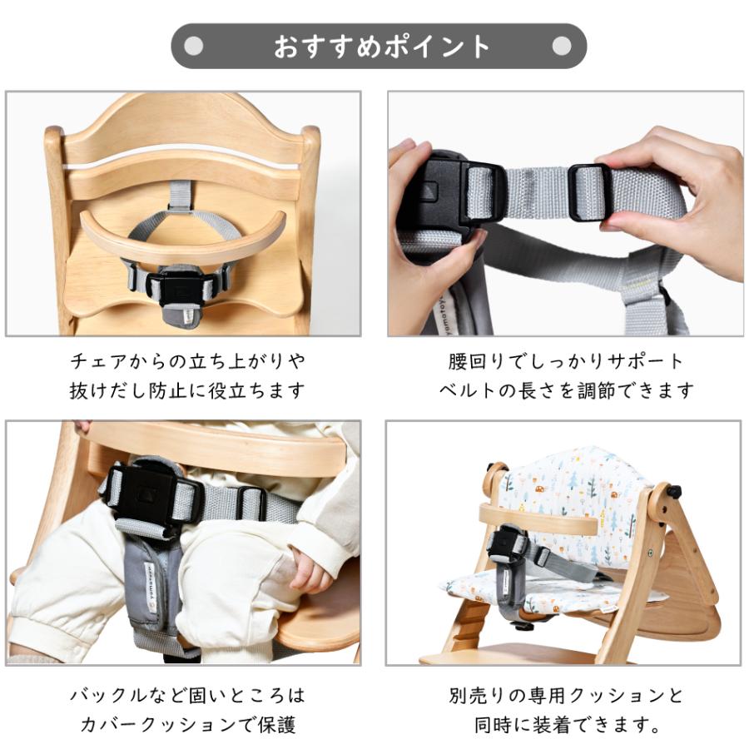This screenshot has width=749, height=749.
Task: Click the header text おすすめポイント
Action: pyautogui.click(x=382, y=47)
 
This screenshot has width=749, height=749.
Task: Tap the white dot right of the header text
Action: pyautogui.click(x=563, y=47)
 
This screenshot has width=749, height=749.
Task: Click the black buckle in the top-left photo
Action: pyautogui.click(x=175, y=287)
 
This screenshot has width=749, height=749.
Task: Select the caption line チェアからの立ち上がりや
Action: pyautogui.click(x=187, y=362)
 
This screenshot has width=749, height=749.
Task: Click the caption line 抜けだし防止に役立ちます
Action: pyautogui.click(x=187, y=390)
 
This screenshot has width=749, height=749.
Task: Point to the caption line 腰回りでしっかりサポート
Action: pyautogui.click(x=566, y=362)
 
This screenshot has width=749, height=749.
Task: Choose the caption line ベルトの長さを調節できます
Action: pyautogui.click(x=566, y=390)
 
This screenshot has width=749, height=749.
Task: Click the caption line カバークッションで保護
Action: pyautogui.click(x=187, y=724)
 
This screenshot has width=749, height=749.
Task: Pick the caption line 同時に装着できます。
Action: pyautogui.click(x=566, y=724)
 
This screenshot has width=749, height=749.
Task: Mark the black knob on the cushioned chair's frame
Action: pyautogui.click(x=671, y=492)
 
